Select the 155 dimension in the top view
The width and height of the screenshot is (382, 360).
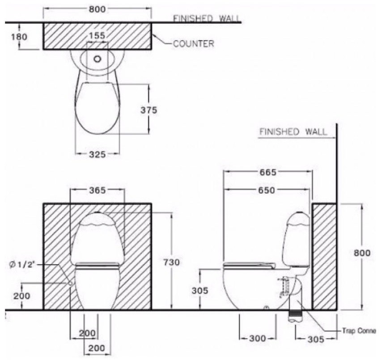[x=97, y=36]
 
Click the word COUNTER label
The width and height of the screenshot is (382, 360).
[x=193, y=44]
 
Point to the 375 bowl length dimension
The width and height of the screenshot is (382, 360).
[x=148, y=110]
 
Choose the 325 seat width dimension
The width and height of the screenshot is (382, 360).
[x=97, y=154]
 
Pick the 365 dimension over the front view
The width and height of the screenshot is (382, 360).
[x=97, y=190]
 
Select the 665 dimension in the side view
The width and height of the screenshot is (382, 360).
[x=267, y=172]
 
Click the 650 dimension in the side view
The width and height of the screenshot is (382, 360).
[x=266, y=190]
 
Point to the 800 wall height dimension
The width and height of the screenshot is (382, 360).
[x=361, y=253]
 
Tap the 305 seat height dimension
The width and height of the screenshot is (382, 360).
[x=199, y=291]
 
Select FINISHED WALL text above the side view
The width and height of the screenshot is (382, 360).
[x=293, y=132]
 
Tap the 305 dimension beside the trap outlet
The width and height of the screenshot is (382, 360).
[x=316, y=339]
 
